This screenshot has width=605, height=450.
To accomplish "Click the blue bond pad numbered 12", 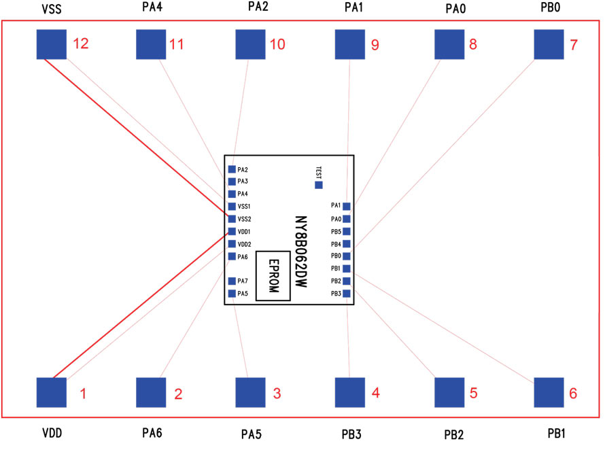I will tap(51, 44).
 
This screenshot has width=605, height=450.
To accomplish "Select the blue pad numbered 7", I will tap(549, 44).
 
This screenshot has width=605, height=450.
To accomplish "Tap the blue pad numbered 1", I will tap(51, 392).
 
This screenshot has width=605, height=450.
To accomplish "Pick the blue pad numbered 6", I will tap(549, 392).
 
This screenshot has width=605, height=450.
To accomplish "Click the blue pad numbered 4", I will tap(351, 392).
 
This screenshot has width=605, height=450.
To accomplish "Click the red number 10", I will tap(277, 45).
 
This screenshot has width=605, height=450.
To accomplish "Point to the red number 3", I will tap(277, 393).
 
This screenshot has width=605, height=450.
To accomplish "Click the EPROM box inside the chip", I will tap(273, 275).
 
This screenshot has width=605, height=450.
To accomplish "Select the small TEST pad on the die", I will tap(319, 185).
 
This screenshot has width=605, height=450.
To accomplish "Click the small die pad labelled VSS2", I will tap(232, 219).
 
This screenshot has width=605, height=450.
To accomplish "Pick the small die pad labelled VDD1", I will tap(232, 232).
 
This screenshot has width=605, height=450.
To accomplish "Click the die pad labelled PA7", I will tap(232, 281).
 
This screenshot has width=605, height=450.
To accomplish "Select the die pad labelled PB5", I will tap(347, 231).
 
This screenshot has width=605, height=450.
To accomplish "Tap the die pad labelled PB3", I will tap(347, 294).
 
